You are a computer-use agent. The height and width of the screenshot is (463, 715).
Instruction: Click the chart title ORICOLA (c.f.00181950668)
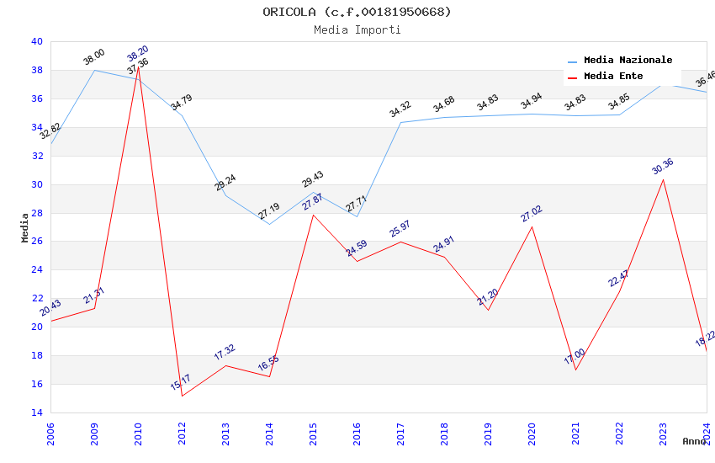[357, 12]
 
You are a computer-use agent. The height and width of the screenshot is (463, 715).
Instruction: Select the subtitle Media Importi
[357, 29]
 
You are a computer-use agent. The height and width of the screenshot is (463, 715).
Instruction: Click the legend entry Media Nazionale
[628, 61]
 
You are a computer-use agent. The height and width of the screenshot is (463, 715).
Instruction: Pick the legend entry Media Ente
[612, 77]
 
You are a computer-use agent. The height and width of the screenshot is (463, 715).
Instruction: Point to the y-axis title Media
[25, 227]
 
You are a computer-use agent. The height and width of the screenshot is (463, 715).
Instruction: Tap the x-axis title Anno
[694, 441]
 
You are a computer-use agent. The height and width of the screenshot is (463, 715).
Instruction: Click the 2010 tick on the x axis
[139, 434]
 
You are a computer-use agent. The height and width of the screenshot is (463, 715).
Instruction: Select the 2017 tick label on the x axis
[401, 434]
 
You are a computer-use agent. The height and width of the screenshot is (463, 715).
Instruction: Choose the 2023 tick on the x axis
[664, 434]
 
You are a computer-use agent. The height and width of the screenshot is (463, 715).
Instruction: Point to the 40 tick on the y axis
[36, 41]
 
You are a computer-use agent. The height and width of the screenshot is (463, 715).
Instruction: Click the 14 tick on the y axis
[36, 412]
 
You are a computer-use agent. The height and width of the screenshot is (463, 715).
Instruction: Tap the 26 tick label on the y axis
[36, 242]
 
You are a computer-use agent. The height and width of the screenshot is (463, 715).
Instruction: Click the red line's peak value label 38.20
[138, 53]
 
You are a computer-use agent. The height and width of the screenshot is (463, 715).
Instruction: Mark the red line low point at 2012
[183, 396]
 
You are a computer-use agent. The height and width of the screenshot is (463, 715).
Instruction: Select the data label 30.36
[663, 167]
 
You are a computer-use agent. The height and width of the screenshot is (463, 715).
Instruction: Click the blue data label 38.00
[94, 57]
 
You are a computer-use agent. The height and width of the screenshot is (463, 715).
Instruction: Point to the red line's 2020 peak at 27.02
[532, 226]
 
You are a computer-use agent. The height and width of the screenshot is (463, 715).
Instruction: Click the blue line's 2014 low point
[269, 224]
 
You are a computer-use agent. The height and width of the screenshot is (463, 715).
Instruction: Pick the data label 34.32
[400, 109]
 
